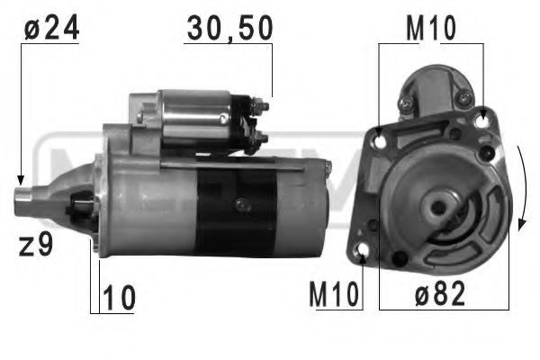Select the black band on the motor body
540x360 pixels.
(x=236, y=211)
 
